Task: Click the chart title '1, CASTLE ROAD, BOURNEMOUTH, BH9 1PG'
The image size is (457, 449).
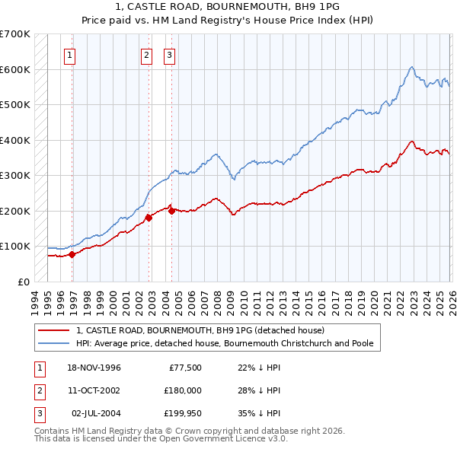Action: pyautogui.click(x=228, y=6)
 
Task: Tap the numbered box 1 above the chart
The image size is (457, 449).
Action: pyautogui.click(x=70, y=55)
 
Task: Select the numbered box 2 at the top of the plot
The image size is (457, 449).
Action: pyautogui.click(x=146, y=55)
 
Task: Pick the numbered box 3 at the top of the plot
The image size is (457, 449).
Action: pyautogui.click(x=168, y=55)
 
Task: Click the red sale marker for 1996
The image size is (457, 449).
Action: pyautogui.click(x=72, y=254)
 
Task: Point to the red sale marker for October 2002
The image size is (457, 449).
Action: pyautogui.click(x=149, y=218)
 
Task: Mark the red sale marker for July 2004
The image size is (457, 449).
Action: pyautogui.click(x=171, y=211)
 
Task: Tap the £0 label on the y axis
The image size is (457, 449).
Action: pyautogui.click(x=23, y=282)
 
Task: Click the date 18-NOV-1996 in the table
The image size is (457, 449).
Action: pyautogui.click(x=94, y=368)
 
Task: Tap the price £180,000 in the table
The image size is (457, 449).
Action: pyautogui.click(x=183, y=390)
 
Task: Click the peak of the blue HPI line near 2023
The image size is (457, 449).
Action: pyautogui.click(x=411, y=67)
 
